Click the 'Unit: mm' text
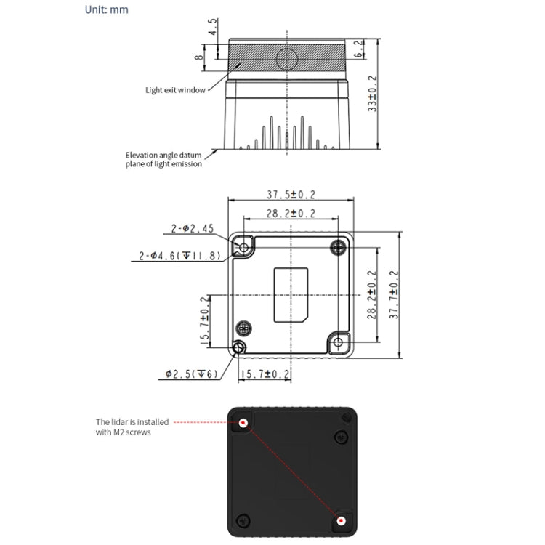107,9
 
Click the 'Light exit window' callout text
175,91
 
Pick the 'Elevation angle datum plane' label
163,159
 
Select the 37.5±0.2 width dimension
291,194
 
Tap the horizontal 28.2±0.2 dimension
291,213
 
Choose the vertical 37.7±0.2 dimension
394,295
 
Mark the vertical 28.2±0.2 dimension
372,295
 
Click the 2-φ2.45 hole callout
193,229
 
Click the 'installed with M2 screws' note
132,426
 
